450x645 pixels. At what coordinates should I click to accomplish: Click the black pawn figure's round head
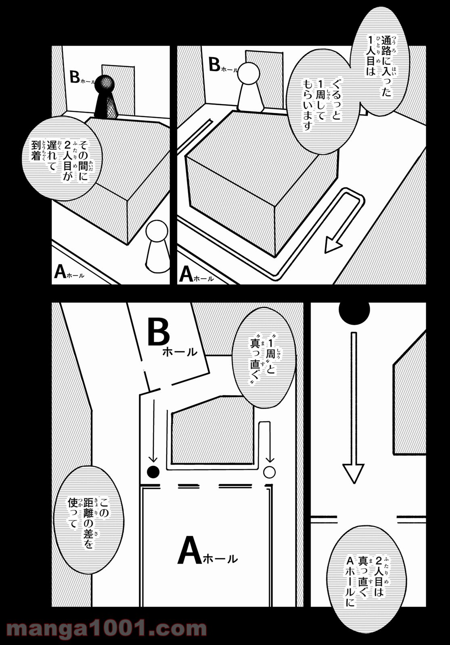click(104, 84)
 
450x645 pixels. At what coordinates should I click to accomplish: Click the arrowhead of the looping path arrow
click(333, 245)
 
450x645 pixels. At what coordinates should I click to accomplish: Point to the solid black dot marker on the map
click(153, 472)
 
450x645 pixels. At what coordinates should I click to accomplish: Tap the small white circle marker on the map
click(269, 472)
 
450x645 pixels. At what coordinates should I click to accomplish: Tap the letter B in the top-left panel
click(75, 77)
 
